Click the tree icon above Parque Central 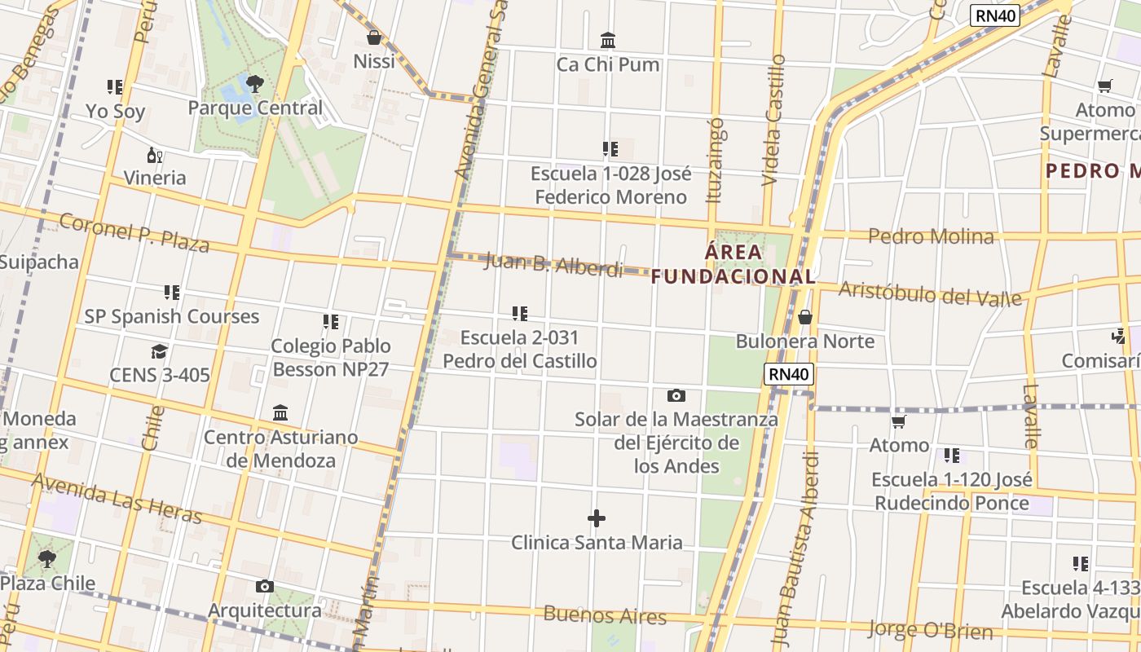pos(254,82)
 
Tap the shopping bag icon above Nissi pos(374,37)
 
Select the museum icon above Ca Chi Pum pos(608,40)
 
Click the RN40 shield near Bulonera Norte pos(790,375)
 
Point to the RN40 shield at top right pos(996,15)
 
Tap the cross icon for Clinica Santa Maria pos(597,518)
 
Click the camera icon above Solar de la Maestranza pos(676,396)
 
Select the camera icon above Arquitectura pos(264,587)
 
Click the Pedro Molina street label pos(931,236)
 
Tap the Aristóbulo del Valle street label pos(930,293)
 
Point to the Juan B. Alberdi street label pos(553,265)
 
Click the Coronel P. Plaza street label pos(134,232)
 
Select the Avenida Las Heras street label pos(117,498)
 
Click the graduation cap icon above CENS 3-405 pos(160,351)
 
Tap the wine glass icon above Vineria pos(154,155)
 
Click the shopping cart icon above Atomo pos(899,421)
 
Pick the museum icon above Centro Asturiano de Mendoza pos(280,412)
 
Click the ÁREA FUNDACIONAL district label pos(733,264)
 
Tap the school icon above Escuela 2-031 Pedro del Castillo pos(520,313)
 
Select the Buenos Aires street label pos(605,615)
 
